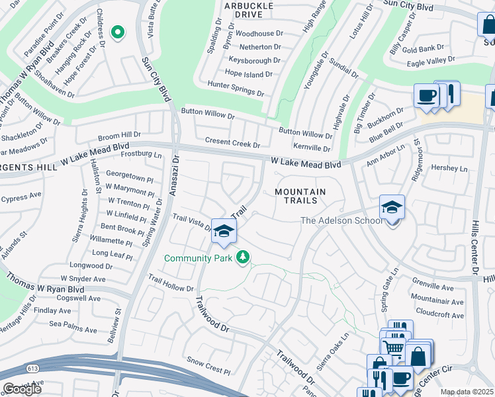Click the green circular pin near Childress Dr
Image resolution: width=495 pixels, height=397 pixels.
[x=118, y=32]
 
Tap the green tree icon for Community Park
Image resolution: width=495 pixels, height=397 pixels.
[x=244, y=257]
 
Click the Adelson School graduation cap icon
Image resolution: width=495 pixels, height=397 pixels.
[x=392, y=208]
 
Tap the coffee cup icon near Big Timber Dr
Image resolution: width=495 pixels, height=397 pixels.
[x=426, y=96]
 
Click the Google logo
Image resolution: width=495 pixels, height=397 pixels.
[x=22, y=389]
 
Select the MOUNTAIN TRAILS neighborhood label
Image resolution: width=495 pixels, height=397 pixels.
[x=300, y=196]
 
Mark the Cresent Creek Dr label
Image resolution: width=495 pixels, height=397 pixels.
[x=232, y=142]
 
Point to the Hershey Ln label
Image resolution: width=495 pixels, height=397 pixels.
[x=449, y=168]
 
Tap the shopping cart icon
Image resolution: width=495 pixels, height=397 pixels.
[x=394, y=347]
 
